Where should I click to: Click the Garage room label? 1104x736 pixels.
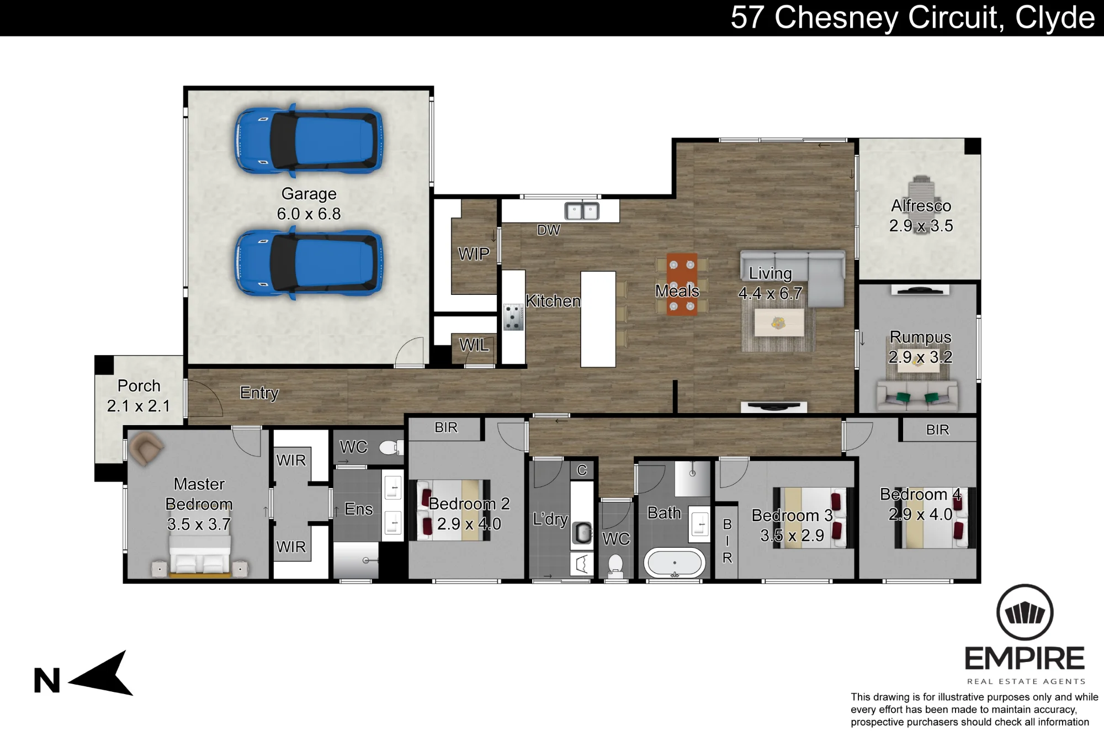pyautogui.click(x=309, y=194)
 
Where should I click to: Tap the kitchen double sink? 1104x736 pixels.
pyautogui.click(x=582, y=211)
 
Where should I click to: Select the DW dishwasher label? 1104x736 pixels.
pyautogui.click(x=548, y=230)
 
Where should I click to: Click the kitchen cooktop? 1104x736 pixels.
pyautogui.click(x=513, y=317)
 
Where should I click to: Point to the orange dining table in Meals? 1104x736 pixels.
pyautogui.click(x=682, y=284)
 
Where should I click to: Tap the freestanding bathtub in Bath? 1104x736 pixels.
pyautogui.click(x=675, y=563)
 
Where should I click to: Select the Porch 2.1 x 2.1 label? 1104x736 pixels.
pyautogui.click(x=139, y=396)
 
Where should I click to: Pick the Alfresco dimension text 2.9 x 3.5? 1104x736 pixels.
pyautogui.click(x=921, y=226)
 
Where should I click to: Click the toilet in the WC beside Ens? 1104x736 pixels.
pyautogui.click(x=391, y=447)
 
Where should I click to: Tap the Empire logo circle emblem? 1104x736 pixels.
pyautogui.click(x=1025, y=613)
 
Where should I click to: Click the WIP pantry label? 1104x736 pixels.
pyautogui.click(x=474, y=254)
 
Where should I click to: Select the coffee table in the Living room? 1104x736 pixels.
pyautogui.click(x=779, y=322)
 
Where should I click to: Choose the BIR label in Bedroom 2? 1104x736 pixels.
pyautogui.click(x=446, y=428)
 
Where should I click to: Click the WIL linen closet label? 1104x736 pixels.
pyautogui.click(x=474, y=345)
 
